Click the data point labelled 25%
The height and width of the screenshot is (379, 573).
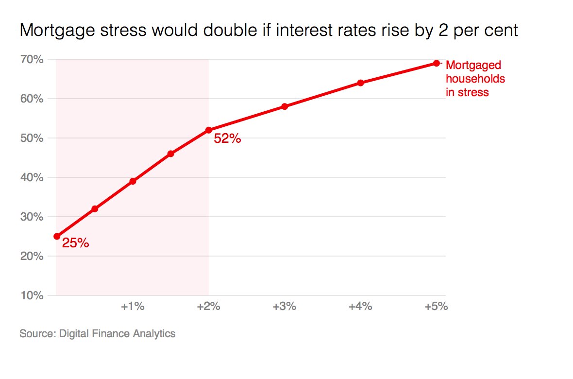coord(57,236)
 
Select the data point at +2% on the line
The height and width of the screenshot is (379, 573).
coord(209,130)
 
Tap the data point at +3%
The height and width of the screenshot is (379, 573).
coord(285,106)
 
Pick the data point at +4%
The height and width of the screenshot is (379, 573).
coord(360,83)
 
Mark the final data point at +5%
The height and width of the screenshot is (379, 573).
coord(436,63)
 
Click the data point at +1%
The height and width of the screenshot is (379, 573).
coord(133,181)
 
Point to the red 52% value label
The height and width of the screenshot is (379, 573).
coord(227,139)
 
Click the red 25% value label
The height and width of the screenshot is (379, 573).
coord(75,243)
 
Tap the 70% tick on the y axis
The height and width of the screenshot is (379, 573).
coord(32,59)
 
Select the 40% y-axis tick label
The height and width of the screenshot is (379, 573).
coord(32,177)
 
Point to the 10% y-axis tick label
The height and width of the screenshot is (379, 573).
coord(32,295)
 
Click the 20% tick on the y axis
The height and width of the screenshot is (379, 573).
coord(32,256)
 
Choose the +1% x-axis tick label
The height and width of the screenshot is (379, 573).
coord(133,307)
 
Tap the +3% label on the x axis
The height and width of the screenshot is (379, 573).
coord(285,307)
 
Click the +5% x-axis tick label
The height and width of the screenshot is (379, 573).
coord(436,307)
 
